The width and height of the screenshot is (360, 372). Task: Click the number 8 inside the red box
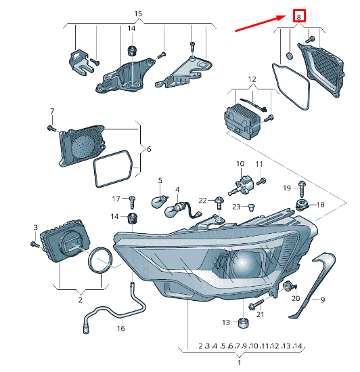point(298,16)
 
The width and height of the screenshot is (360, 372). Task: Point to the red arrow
point(260,22)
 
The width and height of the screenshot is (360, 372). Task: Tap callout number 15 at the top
point(138,14)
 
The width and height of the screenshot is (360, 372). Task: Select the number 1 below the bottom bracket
point(238,363)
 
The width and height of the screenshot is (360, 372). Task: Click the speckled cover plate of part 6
point(84,145)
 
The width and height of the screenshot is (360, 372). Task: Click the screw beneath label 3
point(33,243)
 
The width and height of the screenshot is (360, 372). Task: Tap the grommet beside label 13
point(242,321)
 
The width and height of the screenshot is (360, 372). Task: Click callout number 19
point(286,187)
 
